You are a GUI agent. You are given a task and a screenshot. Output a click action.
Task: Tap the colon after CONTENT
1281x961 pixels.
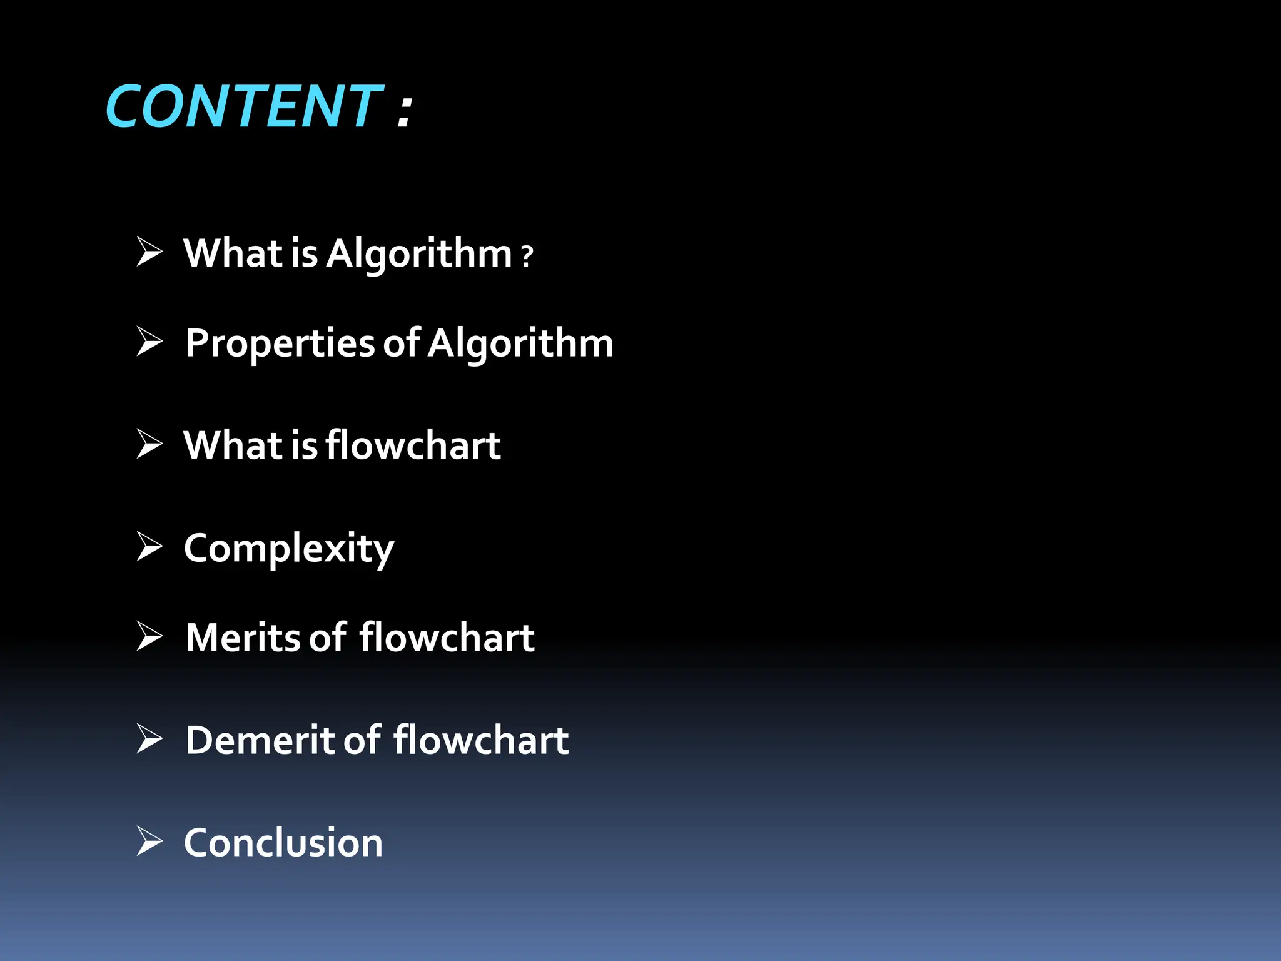pyautogui.click(x=405, y=111)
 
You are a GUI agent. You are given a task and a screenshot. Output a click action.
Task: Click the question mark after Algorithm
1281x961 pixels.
pyautogui.click(x=527, y=256)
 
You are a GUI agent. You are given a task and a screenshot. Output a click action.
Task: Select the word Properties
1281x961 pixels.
pyautogui.click(x=280, y=343)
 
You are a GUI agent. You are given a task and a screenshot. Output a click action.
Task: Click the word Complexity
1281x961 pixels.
pyautogui.click(x=289, y=549)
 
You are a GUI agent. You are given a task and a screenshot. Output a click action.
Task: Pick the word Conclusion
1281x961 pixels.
pyautogui.click(x=283, y=842)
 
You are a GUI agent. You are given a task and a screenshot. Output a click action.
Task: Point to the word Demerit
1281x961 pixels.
pyautogui.click(x=260, y=740)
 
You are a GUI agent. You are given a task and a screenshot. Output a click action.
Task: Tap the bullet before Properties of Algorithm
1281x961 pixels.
pyautogui.click(x=149, y=342)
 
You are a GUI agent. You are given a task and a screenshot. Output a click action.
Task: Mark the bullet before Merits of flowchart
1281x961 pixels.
pyautogui.click(x=149, y=636)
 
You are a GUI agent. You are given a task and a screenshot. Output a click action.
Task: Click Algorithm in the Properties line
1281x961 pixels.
pyautogui.click(x=520, y=343)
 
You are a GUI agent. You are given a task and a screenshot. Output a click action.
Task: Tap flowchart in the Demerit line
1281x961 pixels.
pyautogui.click(x=481, y=740)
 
